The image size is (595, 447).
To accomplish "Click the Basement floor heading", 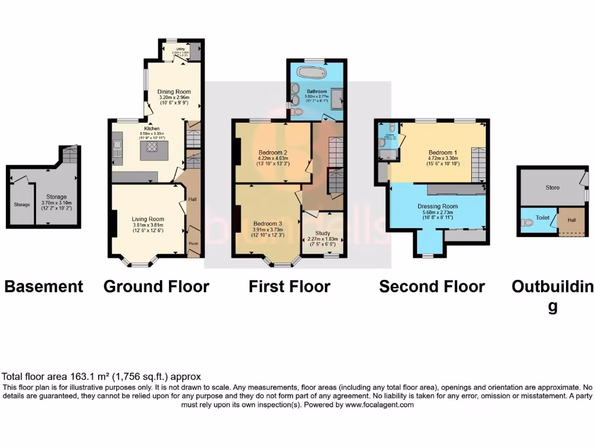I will coord(44,286).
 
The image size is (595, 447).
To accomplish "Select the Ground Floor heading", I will coord(156,286).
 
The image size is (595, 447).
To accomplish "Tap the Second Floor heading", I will coord(432,286).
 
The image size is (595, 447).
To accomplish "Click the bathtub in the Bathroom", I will coord(311,73).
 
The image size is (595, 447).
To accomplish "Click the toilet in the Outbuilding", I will coord(527,222).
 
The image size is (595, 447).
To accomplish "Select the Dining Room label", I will coord(174,91).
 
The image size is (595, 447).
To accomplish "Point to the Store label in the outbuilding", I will coord(552,187).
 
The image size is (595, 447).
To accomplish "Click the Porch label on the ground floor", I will coord(192,243).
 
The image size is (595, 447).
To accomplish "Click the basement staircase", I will coord(69,155).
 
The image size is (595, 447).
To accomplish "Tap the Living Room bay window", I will coord(139,264).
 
